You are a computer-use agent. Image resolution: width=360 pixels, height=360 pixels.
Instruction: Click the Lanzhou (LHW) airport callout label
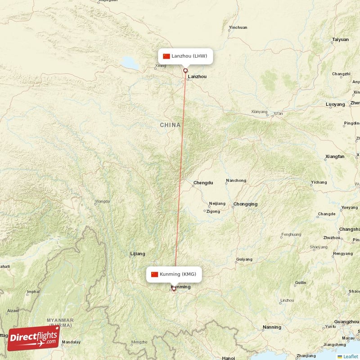[x=185, y=56]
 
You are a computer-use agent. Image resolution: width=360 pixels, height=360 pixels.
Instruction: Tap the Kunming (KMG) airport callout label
[x=174, y=274]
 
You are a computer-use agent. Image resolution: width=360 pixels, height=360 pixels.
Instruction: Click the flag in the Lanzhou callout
[x=166, y=56]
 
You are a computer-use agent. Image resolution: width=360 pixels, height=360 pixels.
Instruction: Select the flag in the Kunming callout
[x=155, y=274]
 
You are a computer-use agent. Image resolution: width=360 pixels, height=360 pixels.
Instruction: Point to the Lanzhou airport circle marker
[x=185, y=70]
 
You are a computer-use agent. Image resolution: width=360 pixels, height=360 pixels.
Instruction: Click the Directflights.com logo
[x=34, y=338]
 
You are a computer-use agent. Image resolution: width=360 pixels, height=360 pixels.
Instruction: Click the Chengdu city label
[x=203, y=183]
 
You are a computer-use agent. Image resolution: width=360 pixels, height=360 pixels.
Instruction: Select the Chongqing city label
[x=245, y=204]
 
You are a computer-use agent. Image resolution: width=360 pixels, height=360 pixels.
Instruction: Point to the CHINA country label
[x=170, y=125]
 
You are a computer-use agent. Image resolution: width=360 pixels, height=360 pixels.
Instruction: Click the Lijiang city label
[x=137, y=254]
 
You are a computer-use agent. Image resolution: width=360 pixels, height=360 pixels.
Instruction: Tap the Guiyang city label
[x=244, y=260]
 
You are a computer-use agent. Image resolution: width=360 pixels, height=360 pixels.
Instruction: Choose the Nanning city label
[x=272, y=327]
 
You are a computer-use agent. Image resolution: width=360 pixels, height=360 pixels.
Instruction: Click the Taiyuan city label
[x=340, y=40]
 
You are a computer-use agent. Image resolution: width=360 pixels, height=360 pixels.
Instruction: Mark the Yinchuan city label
[x=238, y=27]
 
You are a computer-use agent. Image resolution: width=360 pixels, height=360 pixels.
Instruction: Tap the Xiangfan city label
[x=335, y=157]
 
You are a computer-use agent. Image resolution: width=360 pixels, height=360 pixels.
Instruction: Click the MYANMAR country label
[x=60, y=320]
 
